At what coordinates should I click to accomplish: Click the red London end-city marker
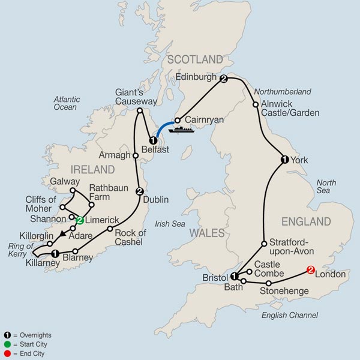pos(310,270)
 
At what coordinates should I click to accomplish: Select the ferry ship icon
pos(179,128)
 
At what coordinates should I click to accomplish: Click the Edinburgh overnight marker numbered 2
pos(224,79)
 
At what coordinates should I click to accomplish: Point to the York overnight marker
pos(284,160)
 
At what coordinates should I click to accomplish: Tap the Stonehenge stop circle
pos(269,283)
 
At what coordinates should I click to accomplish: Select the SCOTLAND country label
pos(195,59)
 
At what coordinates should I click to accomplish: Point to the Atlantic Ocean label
pos(65,103)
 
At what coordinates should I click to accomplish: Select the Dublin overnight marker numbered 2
pos(139,191)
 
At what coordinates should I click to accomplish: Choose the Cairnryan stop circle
pos(178,119)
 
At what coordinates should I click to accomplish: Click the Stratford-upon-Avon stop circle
pos(263,244)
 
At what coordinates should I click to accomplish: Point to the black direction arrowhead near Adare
pos(62,234)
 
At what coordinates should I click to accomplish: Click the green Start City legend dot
pos(8,344)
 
